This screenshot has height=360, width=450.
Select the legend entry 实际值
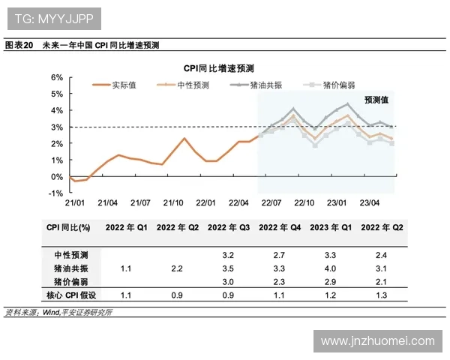[124, 85]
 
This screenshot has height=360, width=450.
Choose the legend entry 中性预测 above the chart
[193, 85]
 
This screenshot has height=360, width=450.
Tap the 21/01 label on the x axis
[74, 203]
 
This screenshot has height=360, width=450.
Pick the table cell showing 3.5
[229, 268]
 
